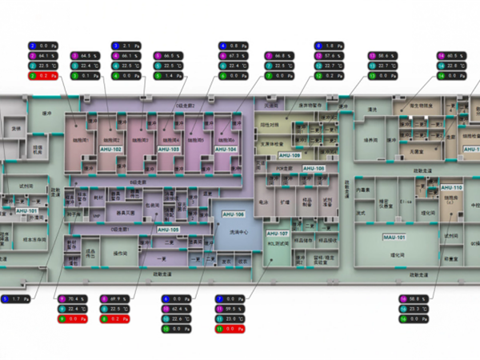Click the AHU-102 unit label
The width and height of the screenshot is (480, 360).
[111, 150]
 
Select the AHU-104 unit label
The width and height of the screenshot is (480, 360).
[226, 150]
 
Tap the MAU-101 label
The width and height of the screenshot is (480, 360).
[394, 238]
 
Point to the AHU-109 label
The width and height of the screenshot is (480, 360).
[289, 155]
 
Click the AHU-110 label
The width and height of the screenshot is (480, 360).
[452, 186]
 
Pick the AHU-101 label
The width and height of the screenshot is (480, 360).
[26, 210]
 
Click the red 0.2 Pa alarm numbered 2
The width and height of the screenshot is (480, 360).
[43, 75]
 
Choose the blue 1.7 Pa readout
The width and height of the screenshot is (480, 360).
[17, 299]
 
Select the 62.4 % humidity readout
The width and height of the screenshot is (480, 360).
[179, 309]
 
